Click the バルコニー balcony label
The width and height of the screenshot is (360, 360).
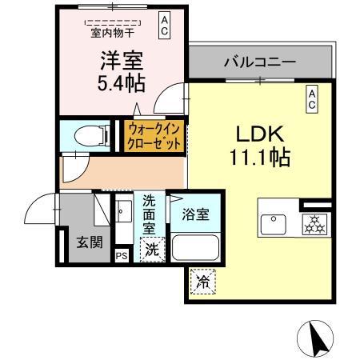[x=260, y=62]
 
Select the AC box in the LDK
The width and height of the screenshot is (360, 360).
[x=313, y=99]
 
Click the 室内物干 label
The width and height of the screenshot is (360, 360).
[x=112, y=33]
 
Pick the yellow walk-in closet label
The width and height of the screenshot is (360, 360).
[x=154, y=136]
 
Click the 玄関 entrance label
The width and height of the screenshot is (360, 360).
[x=89, y=242]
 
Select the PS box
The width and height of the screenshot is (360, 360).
[x=122, y=255]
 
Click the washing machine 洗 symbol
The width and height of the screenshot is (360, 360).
[x=152, y=250]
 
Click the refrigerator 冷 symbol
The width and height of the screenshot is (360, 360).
[x=203, y=282]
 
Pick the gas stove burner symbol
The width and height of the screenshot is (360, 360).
[x=313, y=225]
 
